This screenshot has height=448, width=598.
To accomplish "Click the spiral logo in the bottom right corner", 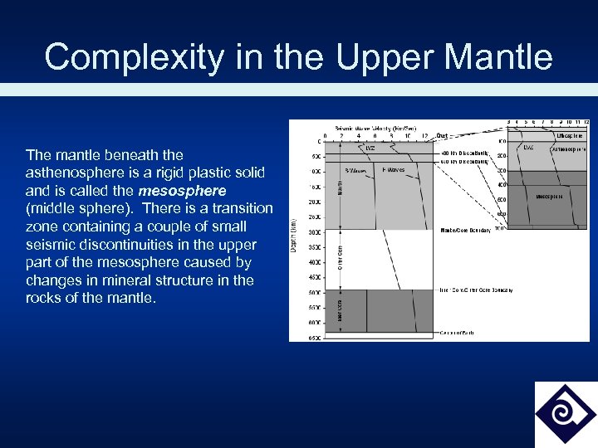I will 565,413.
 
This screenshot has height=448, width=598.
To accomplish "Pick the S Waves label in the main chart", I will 356,170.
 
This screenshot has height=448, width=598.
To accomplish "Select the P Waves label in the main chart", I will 394,169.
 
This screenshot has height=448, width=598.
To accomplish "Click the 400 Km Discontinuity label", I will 463,153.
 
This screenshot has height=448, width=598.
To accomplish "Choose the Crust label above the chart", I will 442,135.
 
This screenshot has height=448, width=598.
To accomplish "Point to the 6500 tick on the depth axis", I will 315,338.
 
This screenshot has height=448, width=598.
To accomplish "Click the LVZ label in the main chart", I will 371,149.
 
